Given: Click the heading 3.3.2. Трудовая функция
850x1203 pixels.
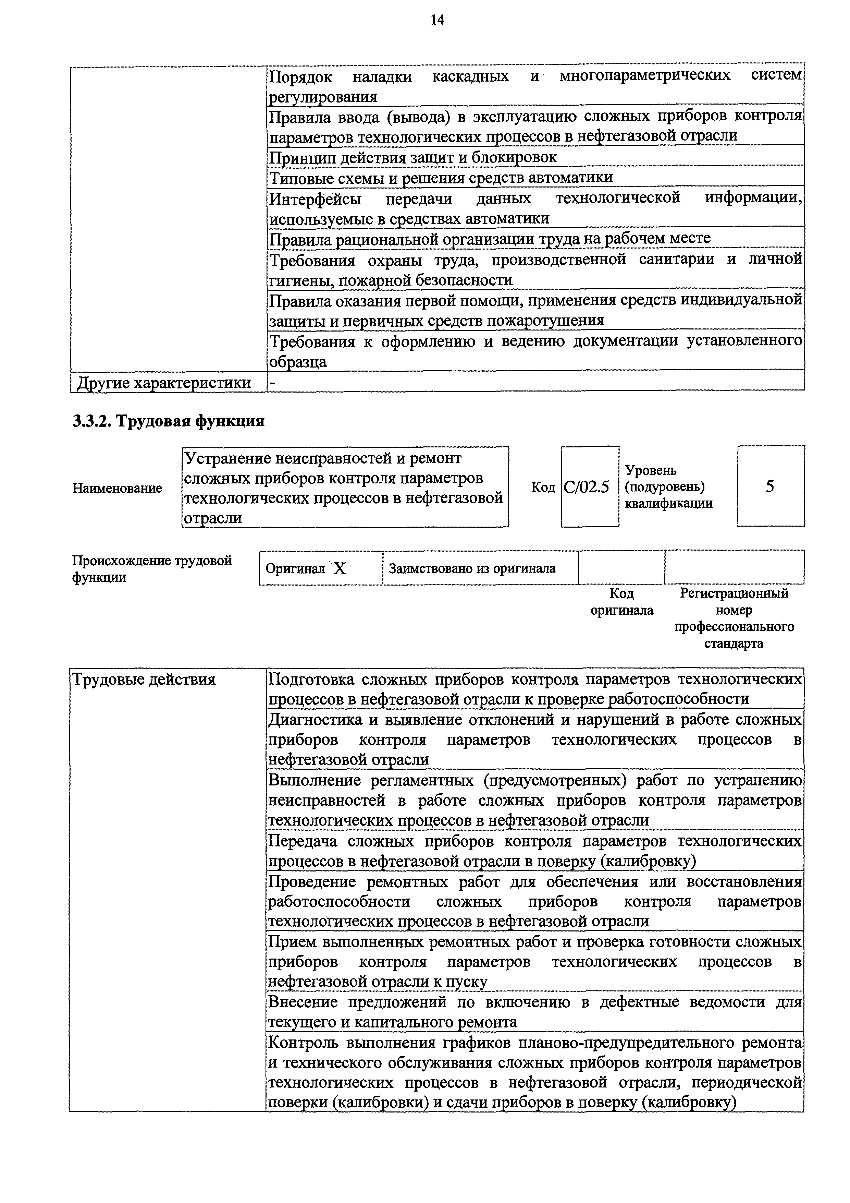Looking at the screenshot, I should point(168,421).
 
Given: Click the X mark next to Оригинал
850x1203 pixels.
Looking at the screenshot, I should point(340,568).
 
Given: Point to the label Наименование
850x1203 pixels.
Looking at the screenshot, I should point(117,488).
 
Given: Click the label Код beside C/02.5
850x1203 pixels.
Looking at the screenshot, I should point(543,487).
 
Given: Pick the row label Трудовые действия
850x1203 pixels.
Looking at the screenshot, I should point(144,679).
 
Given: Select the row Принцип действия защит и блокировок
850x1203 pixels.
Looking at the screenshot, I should point(413,157).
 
